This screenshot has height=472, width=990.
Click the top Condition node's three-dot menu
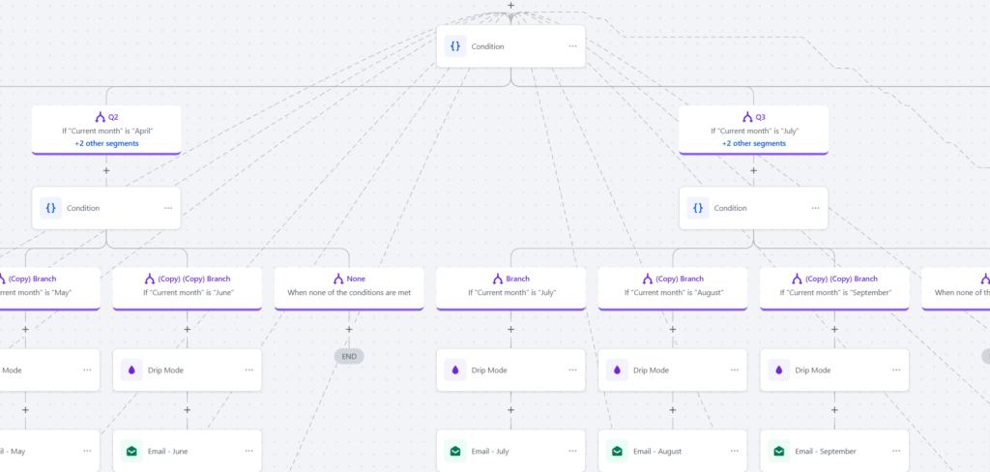(572, 46)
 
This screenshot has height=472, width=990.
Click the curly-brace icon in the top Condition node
(455, 46)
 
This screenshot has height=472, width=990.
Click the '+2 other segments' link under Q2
(106, 143)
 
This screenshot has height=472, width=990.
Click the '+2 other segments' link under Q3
(753, 143)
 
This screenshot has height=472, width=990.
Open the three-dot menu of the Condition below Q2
(167, 208)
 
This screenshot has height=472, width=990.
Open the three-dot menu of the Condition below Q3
(815, 208)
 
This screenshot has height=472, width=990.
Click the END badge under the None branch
(349, 356)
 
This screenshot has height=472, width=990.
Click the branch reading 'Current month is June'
(188, 291)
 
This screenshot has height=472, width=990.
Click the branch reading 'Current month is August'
(673, 291)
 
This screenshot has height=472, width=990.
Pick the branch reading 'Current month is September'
(834, 291)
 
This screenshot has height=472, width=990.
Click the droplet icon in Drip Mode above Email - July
(455, 369)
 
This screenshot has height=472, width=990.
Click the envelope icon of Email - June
(131, 451)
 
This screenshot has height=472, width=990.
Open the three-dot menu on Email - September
(895, 451)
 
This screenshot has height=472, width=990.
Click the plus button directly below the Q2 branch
(106, 171)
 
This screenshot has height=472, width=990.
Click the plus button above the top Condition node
(510, 6)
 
